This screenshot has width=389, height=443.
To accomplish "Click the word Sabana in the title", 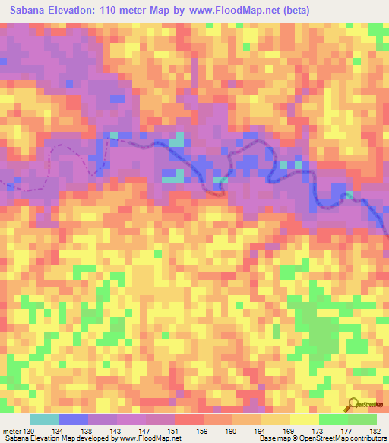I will (25, 11).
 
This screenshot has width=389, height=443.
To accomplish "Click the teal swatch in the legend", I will (45, 419).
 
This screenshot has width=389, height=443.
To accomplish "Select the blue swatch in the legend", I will (74, 419).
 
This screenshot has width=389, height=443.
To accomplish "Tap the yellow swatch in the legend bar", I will (304, 419).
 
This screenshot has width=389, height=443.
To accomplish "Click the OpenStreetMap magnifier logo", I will (354, 403).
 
